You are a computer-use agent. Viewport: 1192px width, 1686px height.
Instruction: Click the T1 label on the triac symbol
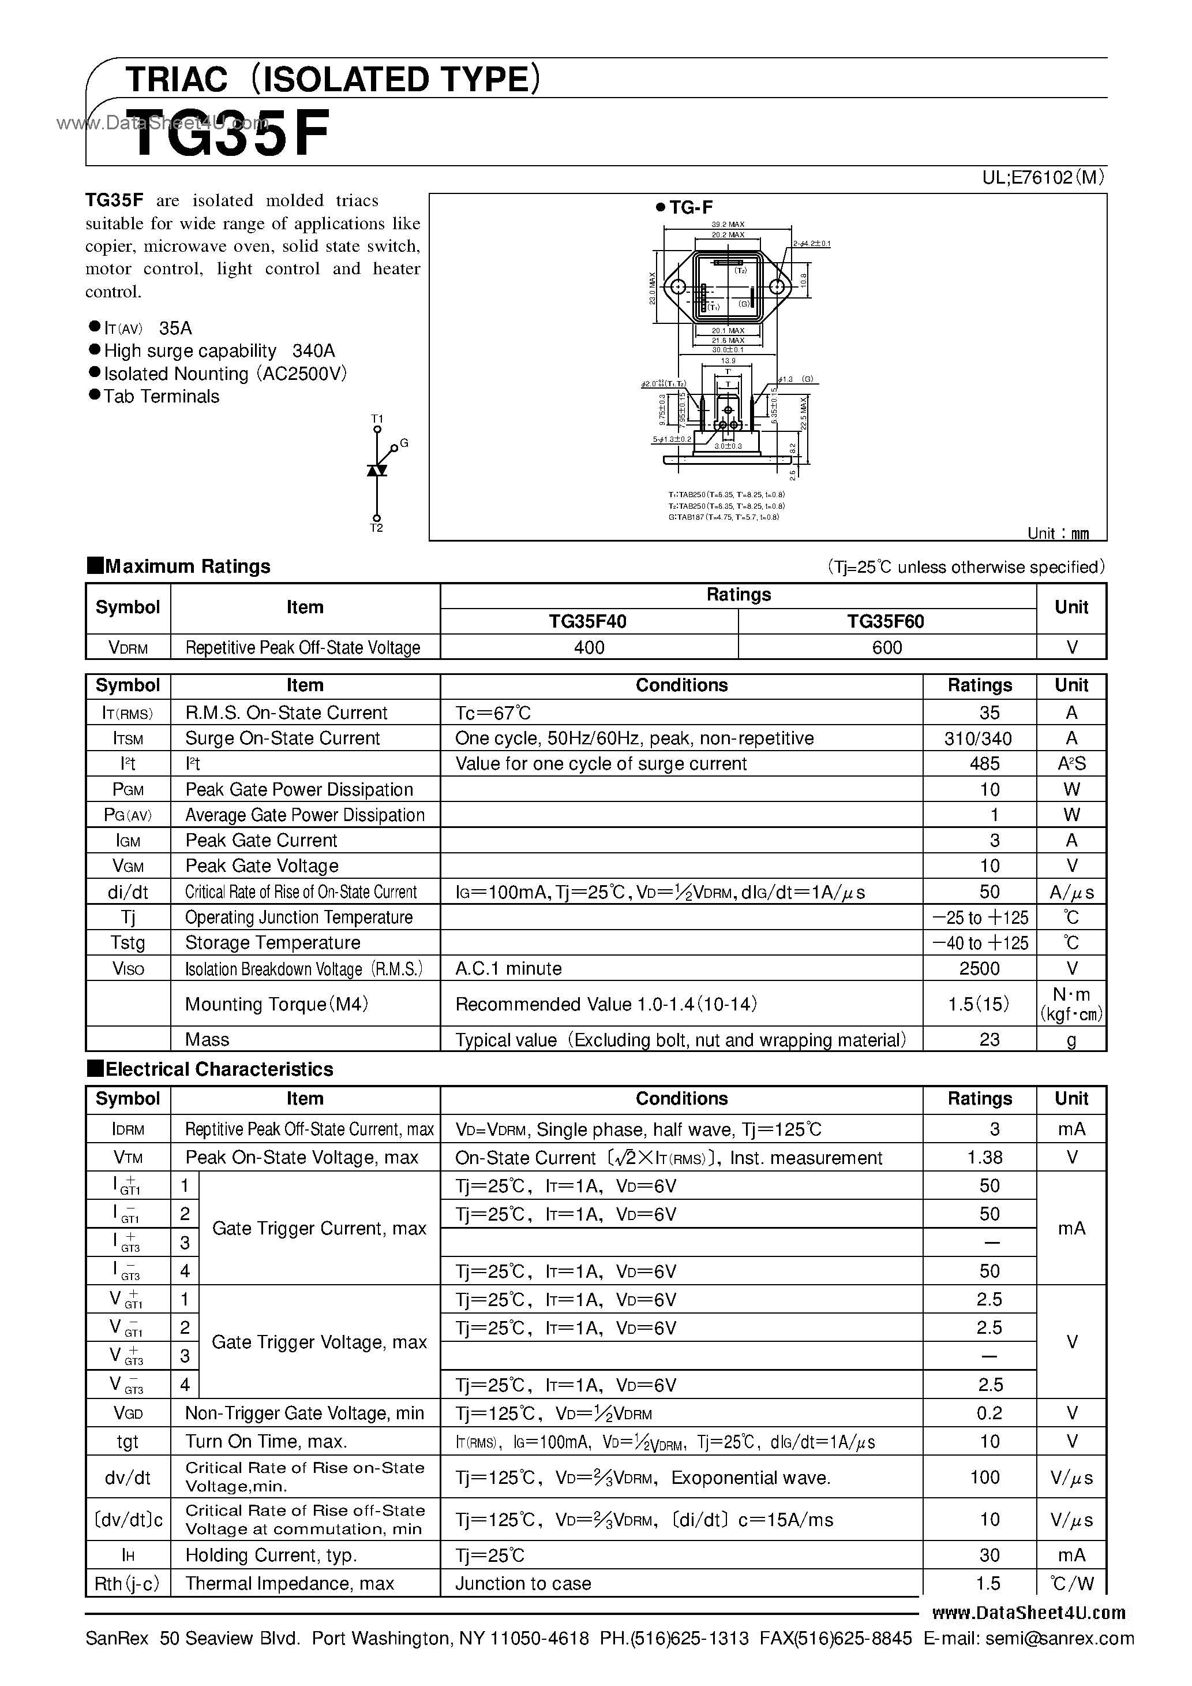click(x=377, y=419)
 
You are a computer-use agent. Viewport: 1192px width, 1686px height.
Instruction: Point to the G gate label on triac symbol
click(x=404, y=443)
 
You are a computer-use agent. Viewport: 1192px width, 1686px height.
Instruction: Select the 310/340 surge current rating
click(x=978, y=738)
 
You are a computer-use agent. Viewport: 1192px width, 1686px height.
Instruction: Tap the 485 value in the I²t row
click(x=984, y=764)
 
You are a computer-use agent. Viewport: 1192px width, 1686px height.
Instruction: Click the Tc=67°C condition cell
click(x=493, y=713)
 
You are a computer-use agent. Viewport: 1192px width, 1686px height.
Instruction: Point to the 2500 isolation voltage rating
click(x=979, y=968)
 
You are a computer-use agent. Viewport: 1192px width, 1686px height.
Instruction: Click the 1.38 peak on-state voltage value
click(x=984, y=1157)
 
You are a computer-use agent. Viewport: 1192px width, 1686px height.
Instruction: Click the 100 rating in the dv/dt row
click(x=984, y=1477)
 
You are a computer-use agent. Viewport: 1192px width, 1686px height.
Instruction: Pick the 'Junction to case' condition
click(x=523, y=1583)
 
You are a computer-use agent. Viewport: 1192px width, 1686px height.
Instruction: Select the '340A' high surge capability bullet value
click(x=313, y=351)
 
